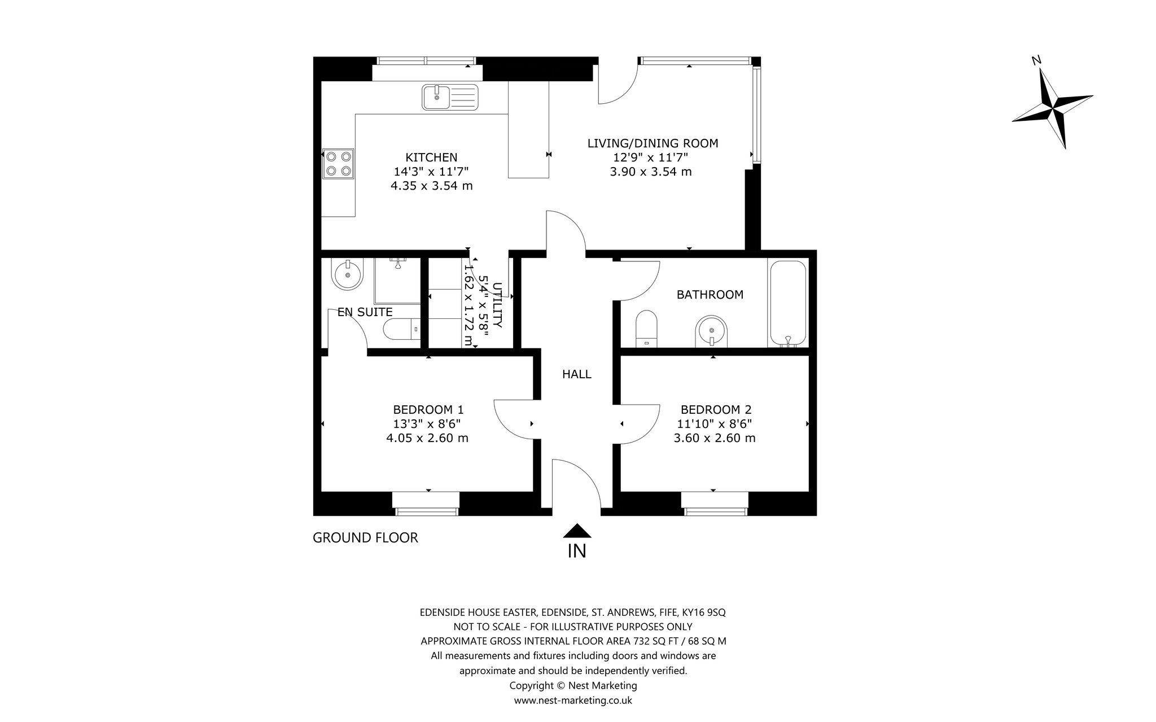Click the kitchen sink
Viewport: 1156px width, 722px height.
(450, 97)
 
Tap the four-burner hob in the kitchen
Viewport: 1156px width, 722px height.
(338, 164)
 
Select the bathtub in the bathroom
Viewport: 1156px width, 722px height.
(787, 303)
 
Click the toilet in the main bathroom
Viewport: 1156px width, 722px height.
(646, 329)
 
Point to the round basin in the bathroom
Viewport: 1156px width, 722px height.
(712, 331)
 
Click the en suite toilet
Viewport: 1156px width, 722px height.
(402, 329)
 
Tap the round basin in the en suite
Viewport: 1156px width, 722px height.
(347, 274)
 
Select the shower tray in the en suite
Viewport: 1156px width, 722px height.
(397, 281)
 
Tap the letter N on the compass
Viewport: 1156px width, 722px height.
(1036, 61)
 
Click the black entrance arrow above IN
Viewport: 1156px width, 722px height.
(577, 531)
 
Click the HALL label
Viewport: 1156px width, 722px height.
(577, 374)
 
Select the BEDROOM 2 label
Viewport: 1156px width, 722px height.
(716, 410)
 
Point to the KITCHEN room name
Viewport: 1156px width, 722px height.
(431, 157)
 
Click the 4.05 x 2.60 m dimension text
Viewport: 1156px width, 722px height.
(427, 438)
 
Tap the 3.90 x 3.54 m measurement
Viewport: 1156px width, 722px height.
(651, 172)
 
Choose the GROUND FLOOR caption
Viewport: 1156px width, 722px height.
(365, 538)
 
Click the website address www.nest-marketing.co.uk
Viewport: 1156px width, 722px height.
(573, 701)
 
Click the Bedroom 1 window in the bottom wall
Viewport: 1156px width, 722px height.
(426, 504)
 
